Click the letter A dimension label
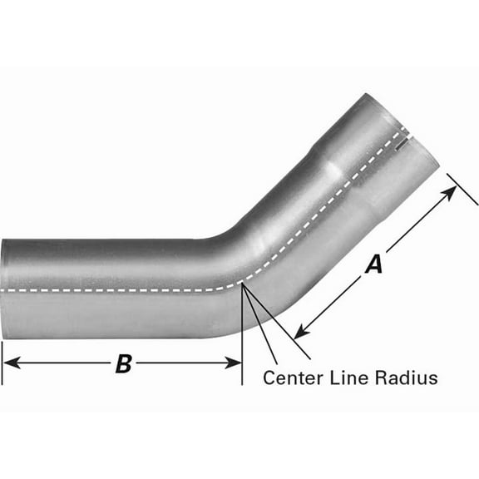(x=374, y=264)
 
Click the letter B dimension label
(x=123, y=363)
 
